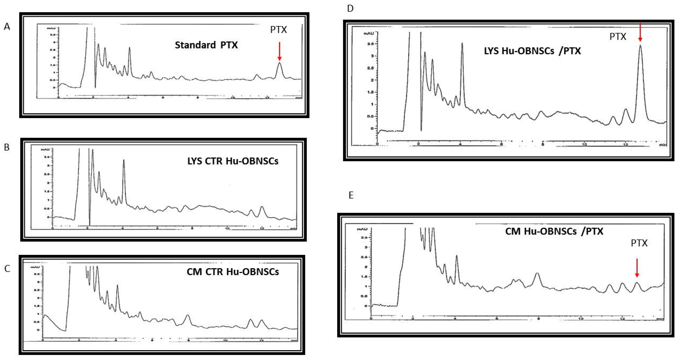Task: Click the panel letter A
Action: [x=7, y=27]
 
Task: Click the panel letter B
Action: [x=7, y=147]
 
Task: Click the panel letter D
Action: [x=350, y=8]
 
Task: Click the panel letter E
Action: [x=351, y=195]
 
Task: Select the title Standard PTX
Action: [x=206, y=45]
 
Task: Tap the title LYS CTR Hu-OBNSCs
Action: [x=233, y=161]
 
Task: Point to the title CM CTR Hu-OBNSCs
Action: [x=233, y=272]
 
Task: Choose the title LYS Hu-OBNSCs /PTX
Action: [x=532, y=51]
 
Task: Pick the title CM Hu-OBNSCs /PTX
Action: [x=554, y=231]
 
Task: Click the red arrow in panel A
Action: [x=279, y=51]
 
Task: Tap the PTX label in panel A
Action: [x=278, y=30]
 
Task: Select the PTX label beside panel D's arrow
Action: [x=618, y=36]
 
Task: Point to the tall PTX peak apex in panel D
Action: [x=640, y=45]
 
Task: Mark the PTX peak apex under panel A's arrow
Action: [x=279, y=63]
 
